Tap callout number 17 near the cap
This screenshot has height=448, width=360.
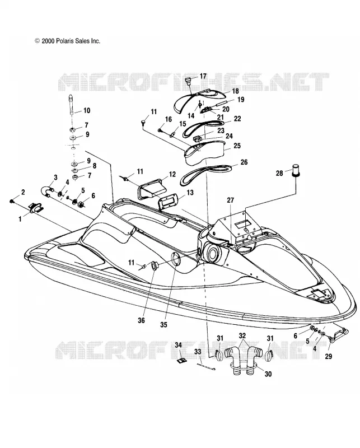pos(203,76)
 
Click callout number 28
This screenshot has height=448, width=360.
pos(279,173)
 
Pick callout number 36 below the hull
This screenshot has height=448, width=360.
pos(142,320)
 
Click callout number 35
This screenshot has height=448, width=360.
pos(163,325)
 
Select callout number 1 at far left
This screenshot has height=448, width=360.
pos(20,219)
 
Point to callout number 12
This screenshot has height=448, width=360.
pos(172,174)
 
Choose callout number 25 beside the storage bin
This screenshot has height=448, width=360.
pos(237,146)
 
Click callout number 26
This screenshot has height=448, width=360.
pos(244,162)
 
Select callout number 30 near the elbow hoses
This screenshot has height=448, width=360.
pos(268,374)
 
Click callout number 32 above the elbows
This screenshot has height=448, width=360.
pos(242,335)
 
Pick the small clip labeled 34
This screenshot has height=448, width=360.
pos(179,361)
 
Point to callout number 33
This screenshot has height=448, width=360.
pos(198,352)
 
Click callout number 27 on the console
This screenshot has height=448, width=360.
pos(231,200)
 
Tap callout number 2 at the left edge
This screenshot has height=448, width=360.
pos(23,192)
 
